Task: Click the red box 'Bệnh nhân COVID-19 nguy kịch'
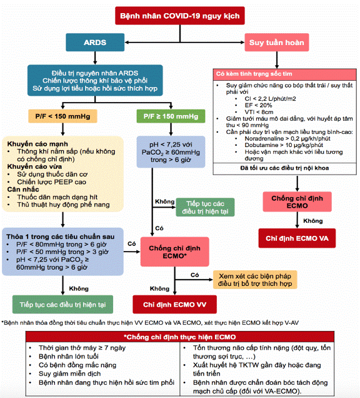[x=180, y=16]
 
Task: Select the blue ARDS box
[x=95, y=43]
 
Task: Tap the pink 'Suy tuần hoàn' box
[x=277, y=43]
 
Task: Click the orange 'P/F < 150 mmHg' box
[x=62, y=116]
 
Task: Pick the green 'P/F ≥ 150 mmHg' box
[x=171, y=116]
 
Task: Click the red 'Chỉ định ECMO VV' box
[x=174, y=304]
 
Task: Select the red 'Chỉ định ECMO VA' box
[x=297, y=238]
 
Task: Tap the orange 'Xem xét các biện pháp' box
[x=255, y=280]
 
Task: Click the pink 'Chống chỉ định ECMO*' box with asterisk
[x=174, y=252]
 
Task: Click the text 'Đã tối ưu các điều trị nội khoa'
[x=284, y=168]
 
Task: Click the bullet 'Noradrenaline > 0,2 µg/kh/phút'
[x=287, y=138]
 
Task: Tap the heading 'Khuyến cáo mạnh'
[x=37, y=144]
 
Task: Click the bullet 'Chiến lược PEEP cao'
[x=51, y=182]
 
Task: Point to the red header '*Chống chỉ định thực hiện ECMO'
[x=180, y=337]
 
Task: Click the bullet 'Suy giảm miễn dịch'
[x=70, y=374]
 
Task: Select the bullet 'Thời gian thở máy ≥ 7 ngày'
[x=82, y=348]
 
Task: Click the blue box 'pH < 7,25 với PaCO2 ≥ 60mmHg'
[x=171, y=152]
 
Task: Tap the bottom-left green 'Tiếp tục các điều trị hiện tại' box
[x=62, y=304]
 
